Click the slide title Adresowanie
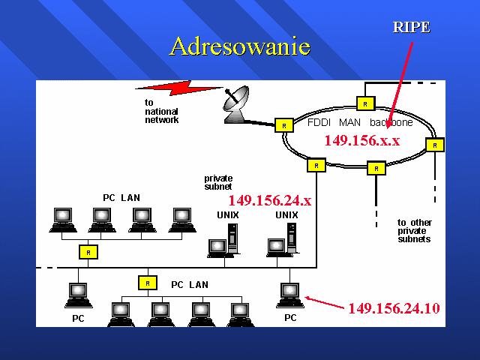[240, 46]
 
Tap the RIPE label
[412, 27]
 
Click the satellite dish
[235, 105]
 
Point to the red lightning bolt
[179, 88]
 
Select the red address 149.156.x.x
[362, 140]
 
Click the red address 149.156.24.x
[270, 200]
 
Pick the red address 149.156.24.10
[394, 308]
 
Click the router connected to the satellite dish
[284, 125]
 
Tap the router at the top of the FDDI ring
[365, 103]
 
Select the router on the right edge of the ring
[435, 145]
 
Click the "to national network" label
[161, 111]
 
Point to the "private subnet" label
[218, 182]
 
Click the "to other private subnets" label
[415, 230]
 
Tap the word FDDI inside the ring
[319, 122]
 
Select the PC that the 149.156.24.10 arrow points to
[290, 295]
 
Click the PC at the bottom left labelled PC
[78, 295]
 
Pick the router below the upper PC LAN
[88, 252]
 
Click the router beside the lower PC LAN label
[148, 283]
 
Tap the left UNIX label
[228, 215]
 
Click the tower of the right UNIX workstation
[292, 238]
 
